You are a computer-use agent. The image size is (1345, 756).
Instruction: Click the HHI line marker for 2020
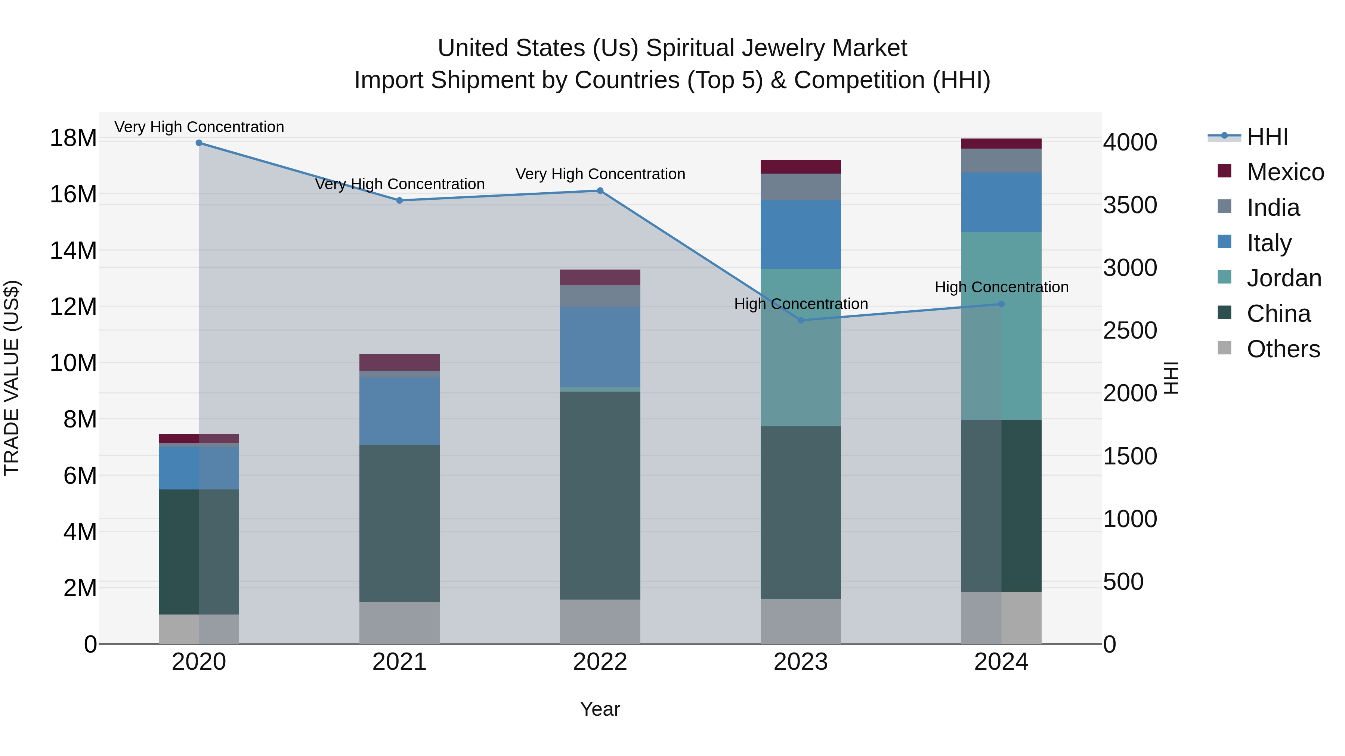coord(199,143)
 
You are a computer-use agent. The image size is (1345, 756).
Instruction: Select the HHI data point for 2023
coord(801,320)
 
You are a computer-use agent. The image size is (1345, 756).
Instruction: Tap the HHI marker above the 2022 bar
coord(600,191)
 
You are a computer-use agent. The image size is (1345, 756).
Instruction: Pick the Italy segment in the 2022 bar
coord(600,347)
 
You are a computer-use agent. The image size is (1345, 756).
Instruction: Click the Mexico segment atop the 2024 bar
coord(1001,143)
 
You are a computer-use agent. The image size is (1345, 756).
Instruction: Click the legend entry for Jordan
coord(1284,278)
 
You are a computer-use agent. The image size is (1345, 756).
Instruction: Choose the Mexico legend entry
coord(1285,172)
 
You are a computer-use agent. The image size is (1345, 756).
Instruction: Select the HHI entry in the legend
coord(1267,137)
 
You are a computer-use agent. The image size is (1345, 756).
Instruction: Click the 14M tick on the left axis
coord(73,251)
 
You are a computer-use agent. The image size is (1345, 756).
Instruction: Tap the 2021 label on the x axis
coord(399,662)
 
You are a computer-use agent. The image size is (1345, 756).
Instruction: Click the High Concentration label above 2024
coord(1001,287)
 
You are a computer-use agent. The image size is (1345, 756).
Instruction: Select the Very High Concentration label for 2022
coord(600,174)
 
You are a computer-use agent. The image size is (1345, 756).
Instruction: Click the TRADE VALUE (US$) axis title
coord(12,378)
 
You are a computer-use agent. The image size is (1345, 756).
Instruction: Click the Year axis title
coord(600,709)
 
